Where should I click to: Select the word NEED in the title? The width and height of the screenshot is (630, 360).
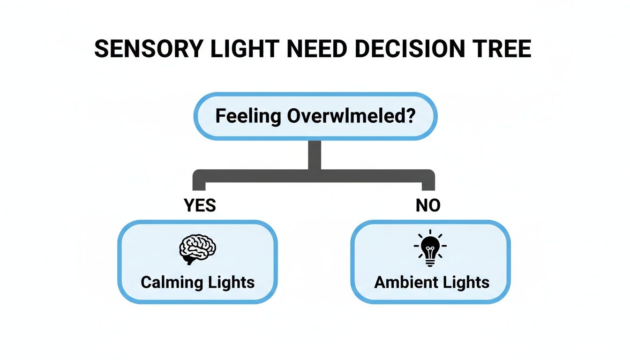317,49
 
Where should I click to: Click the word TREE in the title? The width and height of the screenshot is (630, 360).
504,49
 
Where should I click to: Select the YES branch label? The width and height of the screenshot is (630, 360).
200,205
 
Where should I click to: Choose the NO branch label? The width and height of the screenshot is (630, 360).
428,205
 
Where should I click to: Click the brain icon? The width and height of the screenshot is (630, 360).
197,248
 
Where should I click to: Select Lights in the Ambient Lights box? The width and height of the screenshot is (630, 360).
464,282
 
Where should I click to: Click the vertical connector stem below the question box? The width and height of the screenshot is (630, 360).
315,155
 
